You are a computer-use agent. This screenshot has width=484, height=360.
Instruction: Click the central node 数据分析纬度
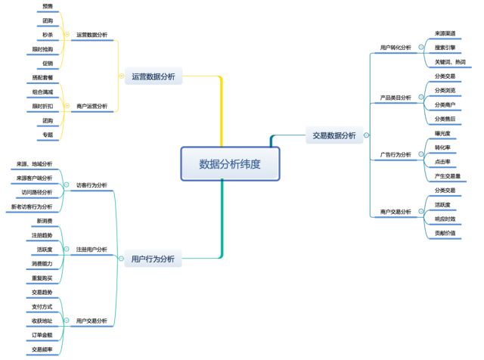pos(230,163)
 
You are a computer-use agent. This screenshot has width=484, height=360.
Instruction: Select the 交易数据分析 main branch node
pos(334,135)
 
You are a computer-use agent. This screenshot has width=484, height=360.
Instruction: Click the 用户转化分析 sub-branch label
pos(396,48)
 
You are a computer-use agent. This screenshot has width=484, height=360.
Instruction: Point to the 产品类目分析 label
pos(396,98)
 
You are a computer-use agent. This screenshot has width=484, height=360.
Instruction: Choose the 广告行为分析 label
pos(396,154)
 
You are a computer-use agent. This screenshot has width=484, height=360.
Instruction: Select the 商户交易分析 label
pos(396,211)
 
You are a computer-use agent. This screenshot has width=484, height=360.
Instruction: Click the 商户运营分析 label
pos(92,106)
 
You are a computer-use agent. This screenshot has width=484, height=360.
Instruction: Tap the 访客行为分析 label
pos(92,185)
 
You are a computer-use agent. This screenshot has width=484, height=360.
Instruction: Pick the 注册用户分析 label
pos(92,249)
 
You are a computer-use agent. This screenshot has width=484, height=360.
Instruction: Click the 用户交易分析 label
pos(92,321)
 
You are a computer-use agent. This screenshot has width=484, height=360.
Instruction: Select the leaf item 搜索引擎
pos(445,48)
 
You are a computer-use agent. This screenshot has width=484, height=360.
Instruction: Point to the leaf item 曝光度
pos(442,134)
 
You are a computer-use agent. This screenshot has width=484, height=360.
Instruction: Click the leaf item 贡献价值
pos(445,232)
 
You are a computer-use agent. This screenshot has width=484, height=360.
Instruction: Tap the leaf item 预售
pos(48,6)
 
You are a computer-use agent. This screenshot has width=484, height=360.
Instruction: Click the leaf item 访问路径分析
pos(38,191)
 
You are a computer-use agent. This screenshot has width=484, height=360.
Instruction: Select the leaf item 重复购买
pos(43,278)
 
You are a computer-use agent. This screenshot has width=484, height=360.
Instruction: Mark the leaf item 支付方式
pos(43,306)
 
